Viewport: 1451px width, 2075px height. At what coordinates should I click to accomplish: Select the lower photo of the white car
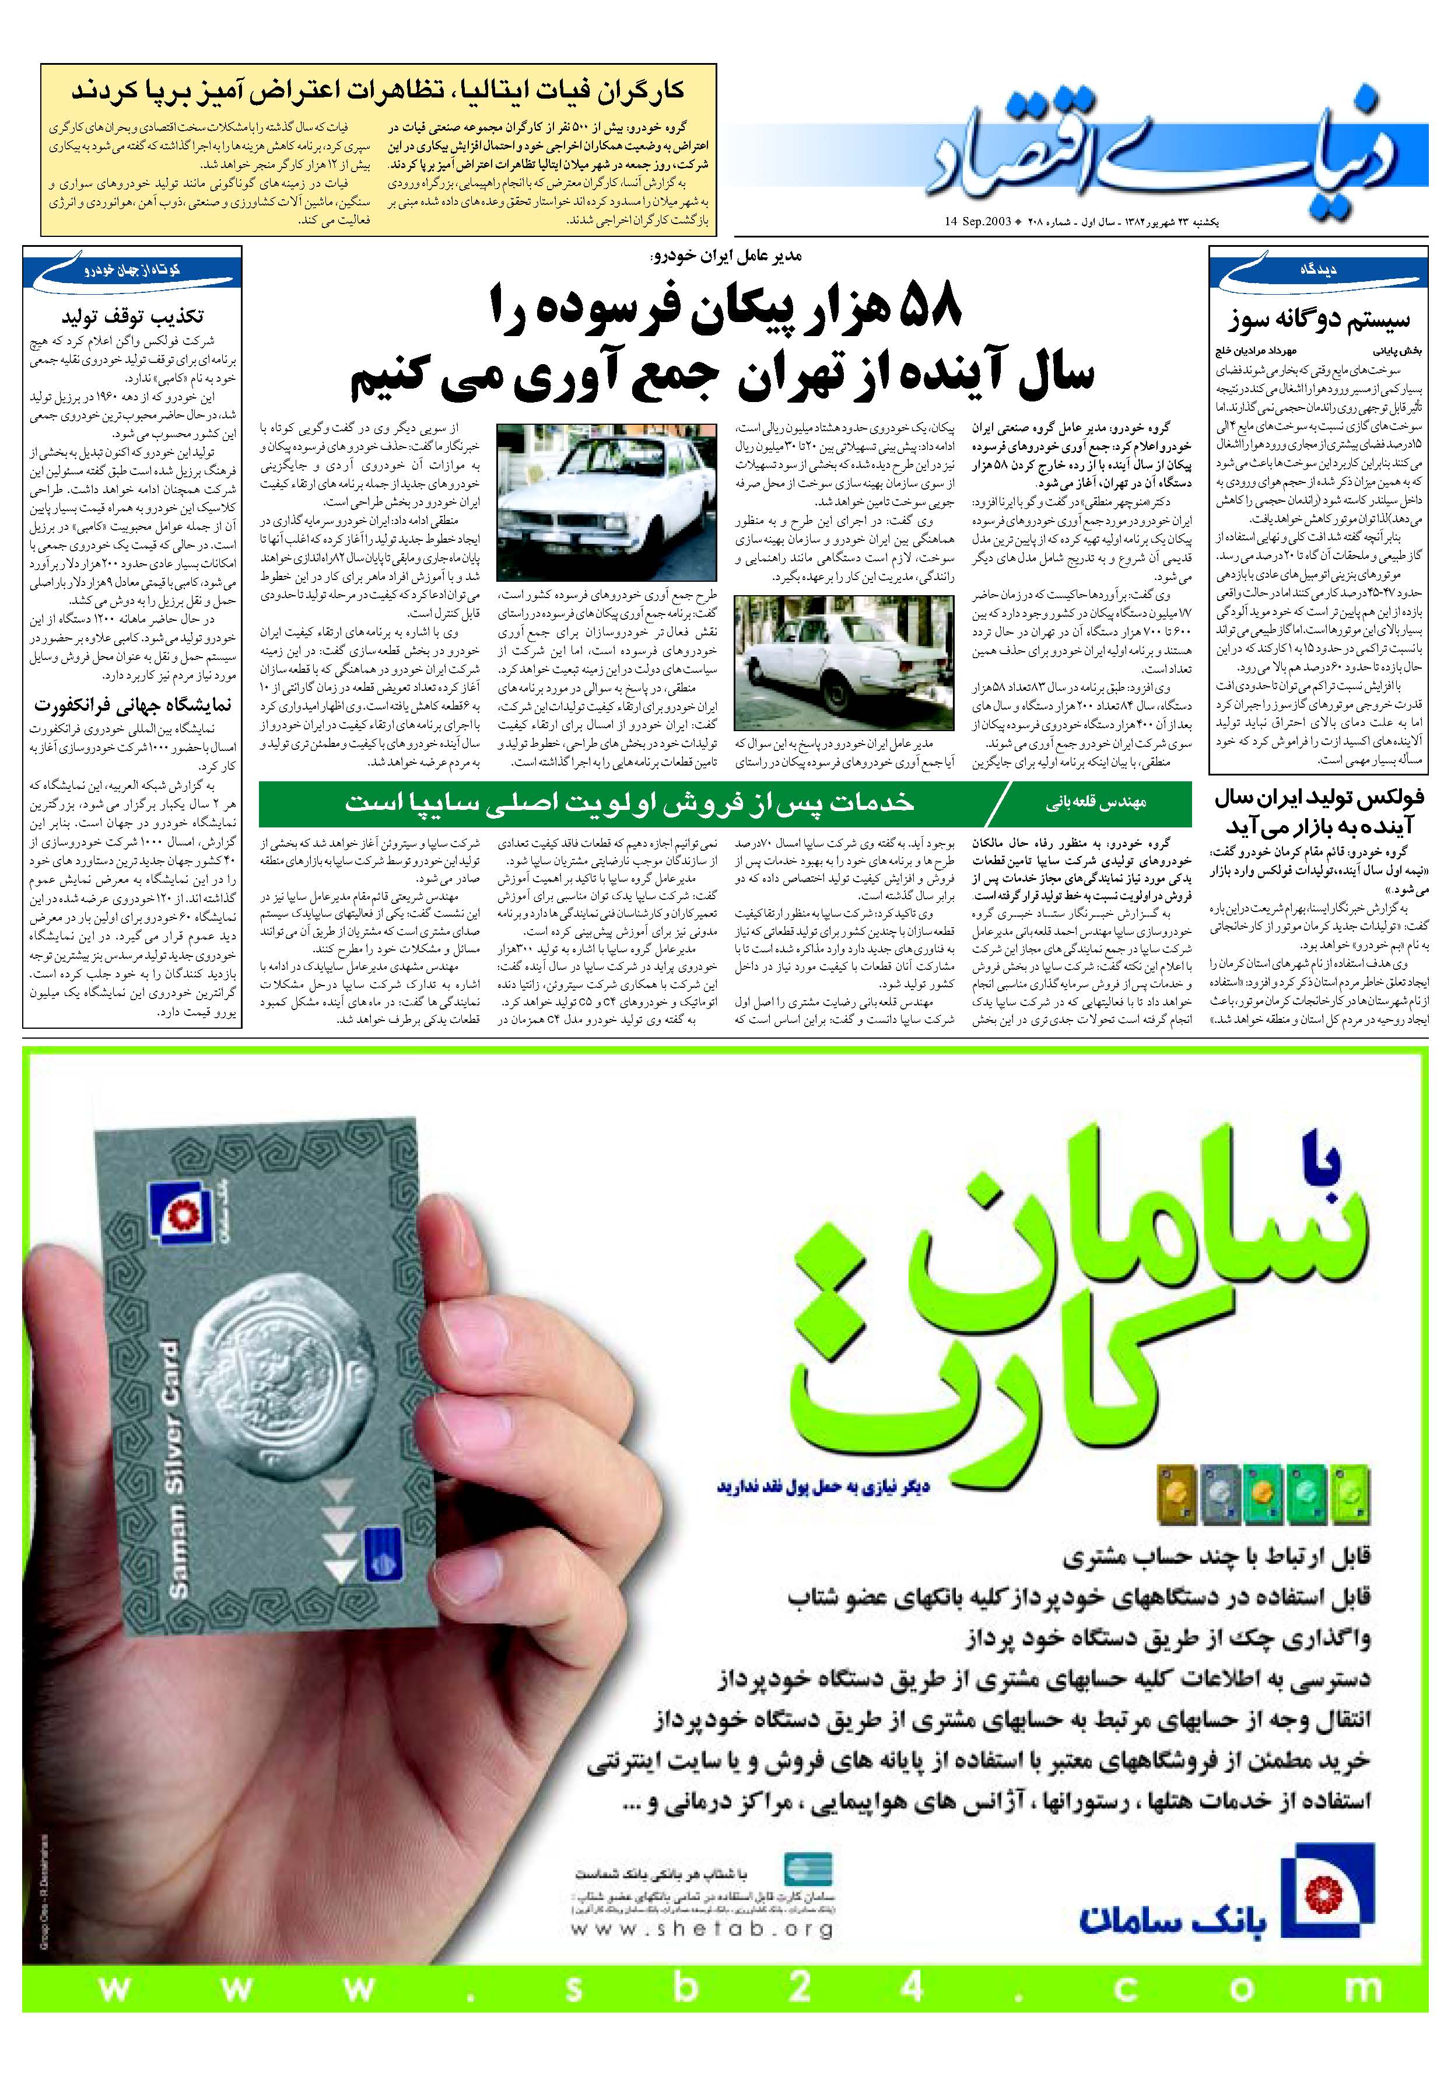[843, 662]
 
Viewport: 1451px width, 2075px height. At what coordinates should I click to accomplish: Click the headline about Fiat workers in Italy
[378, 91]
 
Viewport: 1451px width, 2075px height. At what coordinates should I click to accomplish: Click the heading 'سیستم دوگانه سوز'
[1317, 320]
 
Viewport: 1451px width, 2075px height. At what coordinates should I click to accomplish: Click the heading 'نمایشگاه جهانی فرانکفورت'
[133, 704]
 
